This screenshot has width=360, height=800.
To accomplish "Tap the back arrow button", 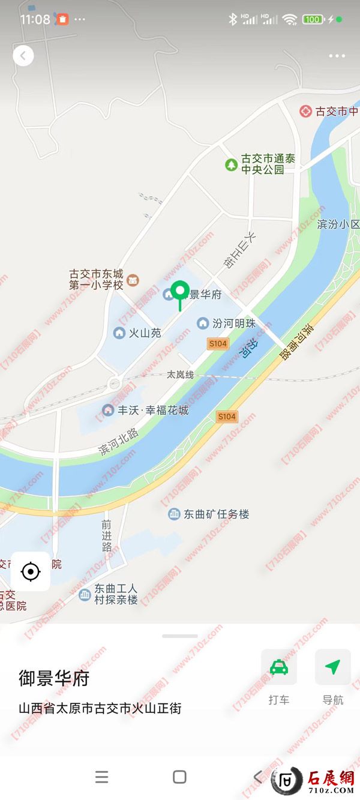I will (23, 56).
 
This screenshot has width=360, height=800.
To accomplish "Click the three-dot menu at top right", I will (337, 56).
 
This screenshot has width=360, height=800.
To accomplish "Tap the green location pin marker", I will (179, 292).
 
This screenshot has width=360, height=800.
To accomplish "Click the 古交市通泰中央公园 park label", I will (268, 164).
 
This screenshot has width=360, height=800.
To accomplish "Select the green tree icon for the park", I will (231, 164).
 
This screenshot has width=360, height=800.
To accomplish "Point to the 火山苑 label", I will (145, 332).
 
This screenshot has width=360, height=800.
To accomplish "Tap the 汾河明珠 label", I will (233, 323).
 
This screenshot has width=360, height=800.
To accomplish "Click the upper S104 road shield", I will (217, 344).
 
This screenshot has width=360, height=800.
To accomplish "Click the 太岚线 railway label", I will (180, 374).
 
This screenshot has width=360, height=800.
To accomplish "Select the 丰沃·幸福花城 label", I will (153, 411).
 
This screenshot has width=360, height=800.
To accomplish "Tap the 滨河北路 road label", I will (119, 442).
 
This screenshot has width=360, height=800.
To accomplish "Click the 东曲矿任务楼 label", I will (216, 514).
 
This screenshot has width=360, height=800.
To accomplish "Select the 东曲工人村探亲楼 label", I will (116, 594).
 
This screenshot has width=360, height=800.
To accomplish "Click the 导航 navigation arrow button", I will (332, 668).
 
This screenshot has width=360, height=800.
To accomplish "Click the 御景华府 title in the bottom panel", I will (54, 679).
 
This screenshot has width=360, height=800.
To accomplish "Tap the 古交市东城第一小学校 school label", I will (96, 280).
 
